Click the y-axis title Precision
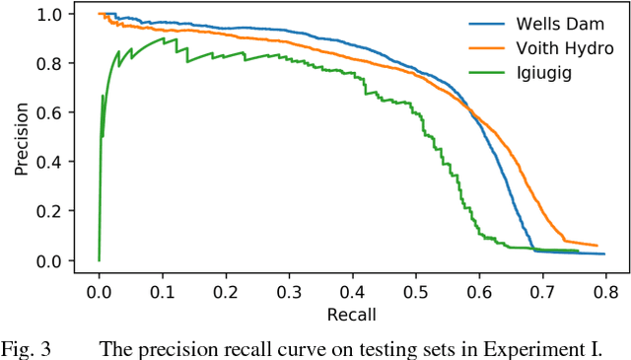coord(21,137)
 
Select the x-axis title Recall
coord(352,315)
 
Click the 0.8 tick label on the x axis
coord(605,293)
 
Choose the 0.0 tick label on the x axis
coord(99,293)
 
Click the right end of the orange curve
coord(597,246)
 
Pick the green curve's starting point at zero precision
coord(99,260)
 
